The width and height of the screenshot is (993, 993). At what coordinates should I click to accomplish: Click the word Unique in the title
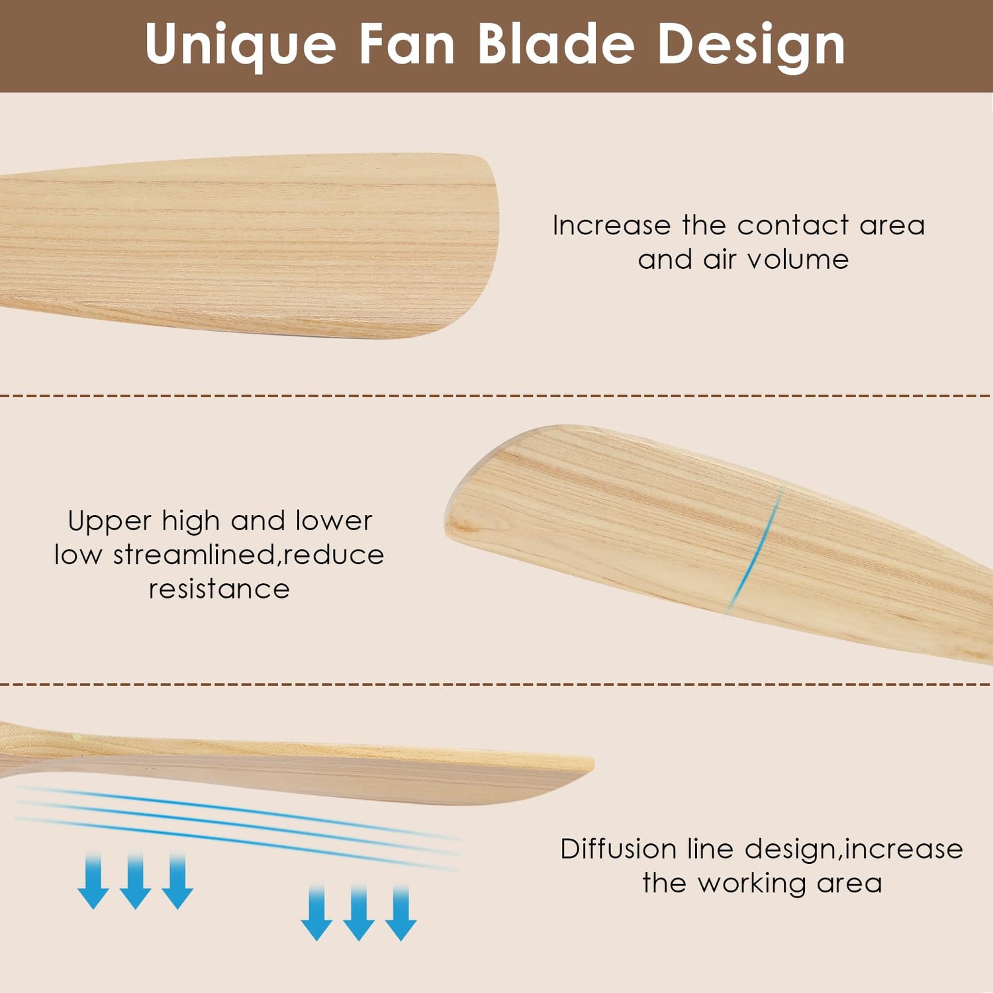(x=241, y=44)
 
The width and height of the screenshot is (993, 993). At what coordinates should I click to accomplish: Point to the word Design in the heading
(x=751, y=45)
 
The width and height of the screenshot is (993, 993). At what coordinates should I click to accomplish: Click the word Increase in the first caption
(x=612, y=225)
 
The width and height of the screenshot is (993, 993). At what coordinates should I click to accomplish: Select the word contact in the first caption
(x=793, y=225)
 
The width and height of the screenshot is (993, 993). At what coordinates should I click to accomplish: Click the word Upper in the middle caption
(x=110, y=522)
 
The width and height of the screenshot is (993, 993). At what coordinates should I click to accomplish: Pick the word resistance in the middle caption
(x=219, y=589)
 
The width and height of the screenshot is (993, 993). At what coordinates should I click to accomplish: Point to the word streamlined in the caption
(x=195, y=555)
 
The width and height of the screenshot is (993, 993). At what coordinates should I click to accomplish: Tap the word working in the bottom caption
(x=752, y=884)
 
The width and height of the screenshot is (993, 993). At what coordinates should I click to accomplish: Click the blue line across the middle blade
(x=756, y=548)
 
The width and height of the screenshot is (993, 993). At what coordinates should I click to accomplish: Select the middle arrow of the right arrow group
(x=359, y=913)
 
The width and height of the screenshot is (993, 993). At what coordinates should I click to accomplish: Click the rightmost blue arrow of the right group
(x=401, y=913)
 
